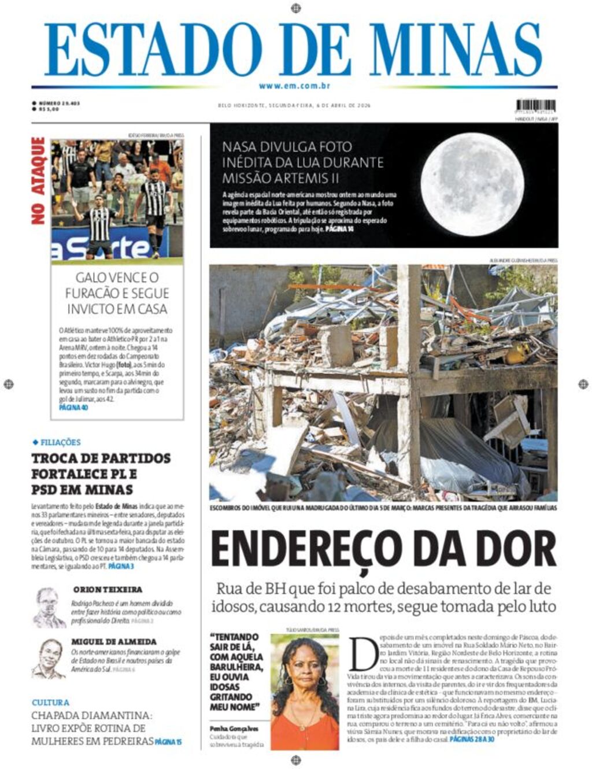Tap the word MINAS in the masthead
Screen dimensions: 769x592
457,50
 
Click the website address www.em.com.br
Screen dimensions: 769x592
294,86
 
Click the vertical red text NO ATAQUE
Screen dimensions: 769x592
38,180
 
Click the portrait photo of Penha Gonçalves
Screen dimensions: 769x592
305,692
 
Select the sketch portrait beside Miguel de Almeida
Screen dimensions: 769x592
49,659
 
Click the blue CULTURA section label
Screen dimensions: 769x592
50,703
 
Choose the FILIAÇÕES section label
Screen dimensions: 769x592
60,442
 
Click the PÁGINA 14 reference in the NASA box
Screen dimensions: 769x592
339,229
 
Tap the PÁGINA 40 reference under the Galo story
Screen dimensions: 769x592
73,408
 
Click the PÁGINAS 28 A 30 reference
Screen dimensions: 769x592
472,740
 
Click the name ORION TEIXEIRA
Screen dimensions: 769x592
108,590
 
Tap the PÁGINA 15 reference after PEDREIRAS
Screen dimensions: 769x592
168,742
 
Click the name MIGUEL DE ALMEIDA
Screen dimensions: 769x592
114,642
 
